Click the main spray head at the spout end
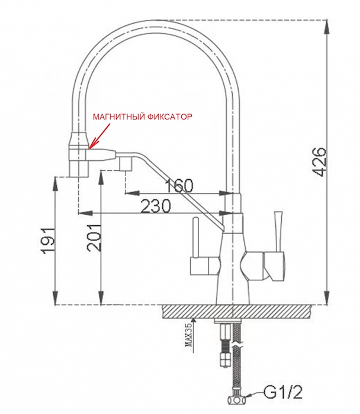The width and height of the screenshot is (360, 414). [x=79, y=157]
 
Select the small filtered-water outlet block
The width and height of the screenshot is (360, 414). [x=126, y=163]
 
